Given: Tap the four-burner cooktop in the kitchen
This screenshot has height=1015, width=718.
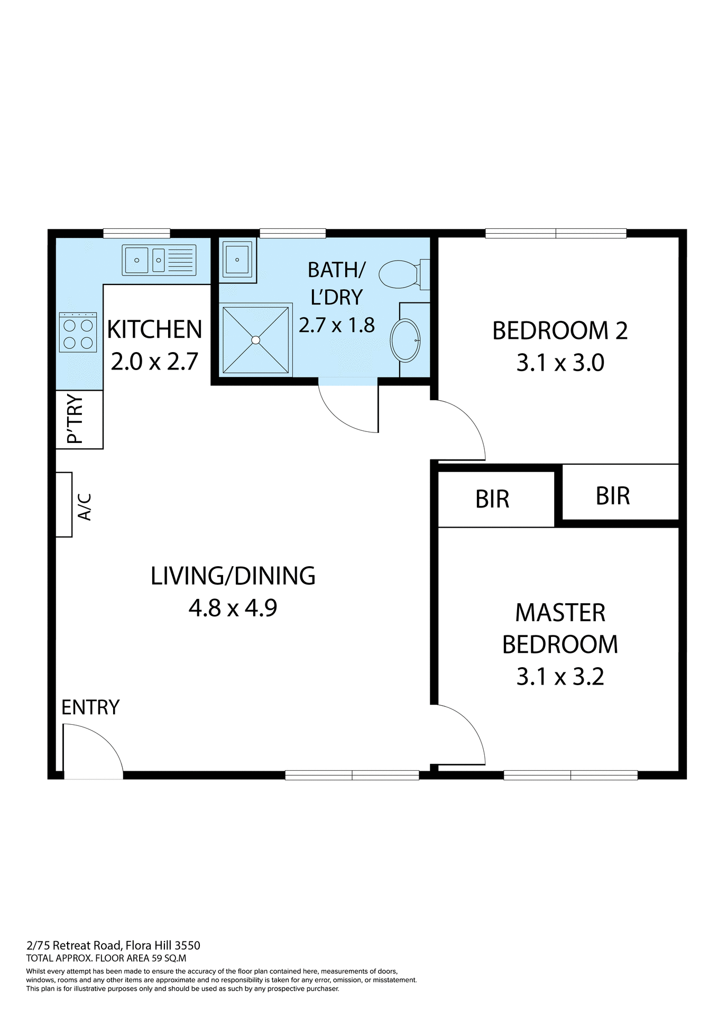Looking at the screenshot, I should click(x=78, y=333).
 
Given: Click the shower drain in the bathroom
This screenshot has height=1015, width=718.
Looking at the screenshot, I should click(x=255, y=340).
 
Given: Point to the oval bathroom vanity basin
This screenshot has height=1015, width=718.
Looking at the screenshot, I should click(x=405, y=340).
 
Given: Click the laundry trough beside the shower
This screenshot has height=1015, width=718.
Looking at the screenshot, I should click(x=237, y=260).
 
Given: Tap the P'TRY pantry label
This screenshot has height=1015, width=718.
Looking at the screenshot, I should click(x=75, y=419).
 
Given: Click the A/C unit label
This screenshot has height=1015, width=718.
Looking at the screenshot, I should click(x=85, y=507).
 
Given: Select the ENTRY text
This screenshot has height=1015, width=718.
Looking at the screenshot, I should click(x=90, y=707).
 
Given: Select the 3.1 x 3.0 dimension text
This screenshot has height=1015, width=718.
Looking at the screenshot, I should click(x=560, y=363).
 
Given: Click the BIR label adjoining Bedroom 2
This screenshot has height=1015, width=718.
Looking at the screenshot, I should click(x=612, y=496).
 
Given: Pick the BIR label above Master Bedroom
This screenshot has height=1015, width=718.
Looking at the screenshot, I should click(x=492, y=499).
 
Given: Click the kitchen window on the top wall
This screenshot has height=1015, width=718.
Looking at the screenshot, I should click(x=136, y=233).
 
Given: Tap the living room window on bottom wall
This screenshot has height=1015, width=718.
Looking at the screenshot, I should click(x=352, y=776).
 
